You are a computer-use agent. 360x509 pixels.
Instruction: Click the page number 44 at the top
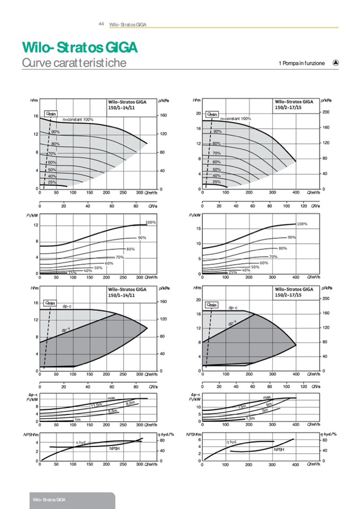click(101, 24)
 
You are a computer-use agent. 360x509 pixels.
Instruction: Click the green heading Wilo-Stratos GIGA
click(80, 47)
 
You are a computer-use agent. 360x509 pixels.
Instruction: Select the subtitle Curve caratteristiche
click(74, 63)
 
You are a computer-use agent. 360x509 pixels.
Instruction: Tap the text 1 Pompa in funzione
click(301, 63)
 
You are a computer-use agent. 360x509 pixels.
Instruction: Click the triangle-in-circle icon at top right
click(335, 62)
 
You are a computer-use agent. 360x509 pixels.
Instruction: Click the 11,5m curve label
click(96, 406)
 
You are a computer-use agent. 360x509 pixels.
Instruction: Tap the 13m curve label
click(243, 406)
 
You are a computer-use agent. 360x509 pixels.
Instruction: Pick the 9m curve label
click(269, 405)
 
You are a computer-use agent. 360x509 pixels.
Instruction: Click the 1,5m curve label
click(250, 419)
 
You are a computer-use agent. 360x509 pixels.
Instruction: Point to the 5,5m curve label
click(113, 411)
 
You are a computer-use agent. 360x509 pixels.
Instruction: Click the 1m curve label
click(78, 420)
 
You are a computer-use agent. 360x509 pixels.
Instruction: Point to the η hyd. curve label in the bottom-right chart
click(233, 442)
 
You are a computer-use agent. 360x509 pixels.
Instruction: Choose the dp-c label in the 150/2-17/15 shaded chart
click(233, 307)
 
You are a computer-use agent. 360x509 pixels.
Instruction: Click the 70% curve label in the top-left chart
click(52, 154)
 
